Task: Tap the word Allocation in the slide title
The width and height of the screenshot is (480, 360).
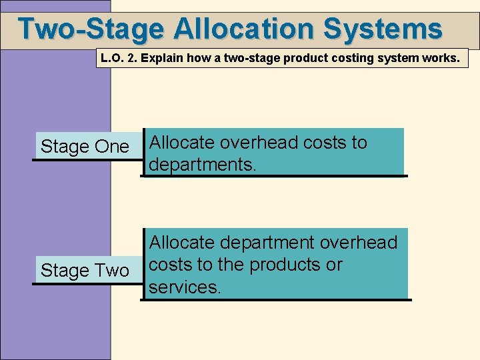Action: pyautogui.click(x=245, y=29)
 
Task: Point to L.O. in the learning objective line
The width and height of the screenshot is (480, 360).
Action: pyautogui.click(x=111, y=58)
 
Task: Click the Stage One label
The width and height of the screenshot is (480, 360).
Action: pyautogui.click(x=85, y=147)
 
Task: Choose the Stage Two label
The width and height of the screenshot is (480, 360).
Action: pyautogui.click(x=85, y=271)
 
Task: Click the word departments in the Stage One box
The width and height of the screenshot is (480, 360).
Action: pyautogui.click(x=201, y=164)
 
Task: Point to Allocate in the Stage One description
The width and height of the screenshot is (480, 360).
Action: pyautogui.click(x=181, y=143)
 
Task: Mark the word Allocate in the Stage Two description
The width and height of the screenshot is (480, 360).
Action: pyautogui.click(x=181, y=243)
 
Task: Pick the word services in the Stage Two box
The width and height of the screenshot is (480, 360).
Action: pyautogui.click(x=183, y=287)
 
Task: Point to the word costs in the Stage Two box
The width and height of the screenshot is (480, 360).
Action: pyautogui.click(x=170, y=265)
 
